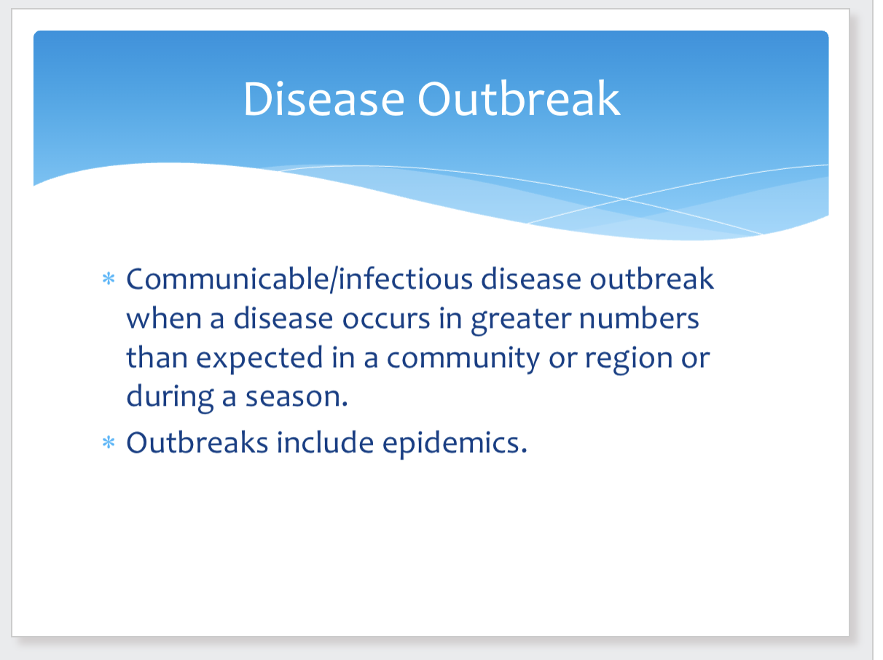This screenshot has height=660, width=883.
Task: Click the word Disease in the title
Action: pos(323,99)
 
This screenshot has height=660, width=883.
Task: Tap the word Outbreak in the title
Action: pos(519,98)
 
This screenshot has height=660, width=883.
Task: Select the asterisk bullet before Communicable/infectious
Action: pos(109,278)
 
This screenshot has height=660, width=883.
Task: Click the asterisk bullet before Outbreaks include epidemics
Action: pos(109,442)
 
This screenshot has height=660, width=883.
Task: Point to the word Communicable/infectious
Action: pos(299,279)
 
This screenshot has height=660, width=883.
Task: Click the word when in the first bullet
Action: pos(164,318)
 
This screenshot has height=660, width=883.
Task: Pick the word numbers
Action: pos(639,318)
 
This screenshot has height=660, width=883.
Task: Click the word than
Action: pos(157,357)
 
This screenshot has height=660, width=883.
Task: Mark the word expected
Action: pos(259,358)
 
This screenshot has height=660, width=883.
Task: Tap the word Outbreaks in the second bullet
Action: pos(197,442)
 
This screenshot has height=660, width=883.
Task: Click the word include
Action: pos(325,442)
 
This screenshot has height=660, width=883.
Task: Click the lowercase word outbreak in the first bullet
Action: pos(652,278)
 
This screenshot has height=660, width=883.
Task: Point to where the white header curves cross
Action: pos(624,199)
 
